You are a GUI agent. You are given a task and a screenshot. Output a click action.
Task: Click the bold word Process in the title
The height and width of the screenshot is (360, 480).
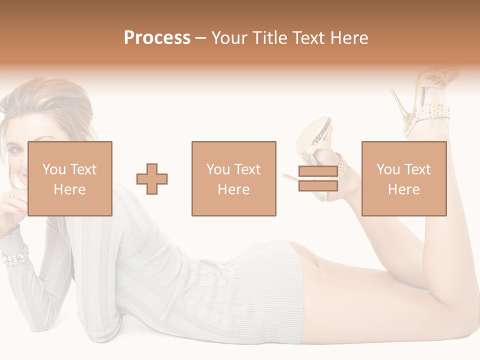[157, 38]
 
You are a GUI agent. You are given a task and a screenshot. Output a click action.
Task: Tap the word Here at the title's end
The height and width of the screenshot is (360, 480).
[349, 38]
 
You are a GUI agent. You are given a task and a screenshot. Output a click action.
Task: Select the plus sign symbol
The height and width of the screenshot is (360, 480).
[152, 179]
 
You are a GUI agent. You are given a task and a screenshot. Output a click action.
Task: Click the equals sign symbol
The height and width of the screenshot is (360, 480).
[318, 179]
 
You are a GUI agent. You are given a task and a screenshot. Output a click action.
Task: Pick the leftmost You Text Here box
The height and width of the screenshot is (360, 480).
[69, 179]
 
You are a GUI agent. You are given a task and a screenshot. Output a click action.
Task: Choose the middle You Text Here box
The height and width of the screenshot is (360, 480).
[233, 179]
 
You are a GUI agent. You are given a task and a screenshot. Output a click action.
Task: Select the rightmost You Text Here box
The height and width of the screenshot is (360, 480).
[403, 179]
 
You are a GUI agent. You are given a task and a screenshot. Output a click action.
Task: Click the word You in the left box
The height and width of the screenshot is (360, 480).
[54, 169]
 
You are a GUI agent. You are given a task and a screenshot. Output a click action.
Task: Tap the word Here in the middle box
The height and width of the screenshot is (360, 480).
[233, 189]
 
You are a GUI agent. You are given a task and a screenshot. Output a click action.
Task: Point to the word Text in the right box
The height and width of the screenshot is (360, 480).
[417, 169]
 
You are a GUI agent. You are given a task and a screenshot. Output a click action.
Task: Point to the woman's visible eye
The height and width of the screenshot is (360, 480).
[15, 149]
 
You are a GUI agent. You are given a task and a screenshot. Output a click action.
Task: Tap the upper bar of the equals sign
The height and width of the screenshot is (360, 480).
[318, 171]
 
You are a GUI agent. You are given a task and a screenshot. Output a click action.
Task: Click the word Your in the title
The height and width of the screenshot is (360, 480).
[231, 38]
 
